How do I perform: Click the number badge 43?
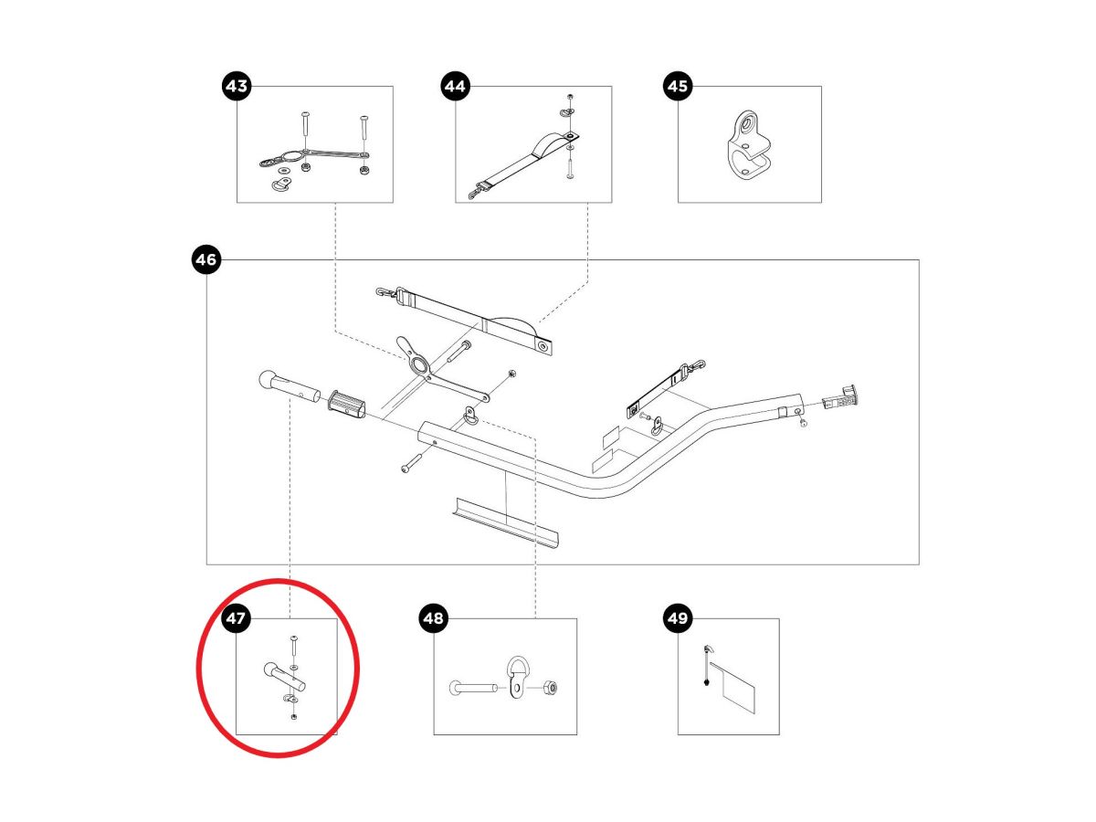237,87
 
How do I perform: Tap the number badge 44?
455,87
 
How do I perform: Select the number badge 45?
677,87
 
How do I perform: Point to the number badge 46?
206,260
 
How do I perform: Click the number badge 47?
237,619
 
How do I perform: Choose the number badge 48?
434,619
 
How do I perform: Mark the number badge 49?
677,619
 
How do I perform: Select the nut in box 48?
553,688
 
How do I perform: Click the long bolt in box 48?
473,688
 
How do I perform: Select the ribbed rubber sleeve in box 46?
348,402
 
